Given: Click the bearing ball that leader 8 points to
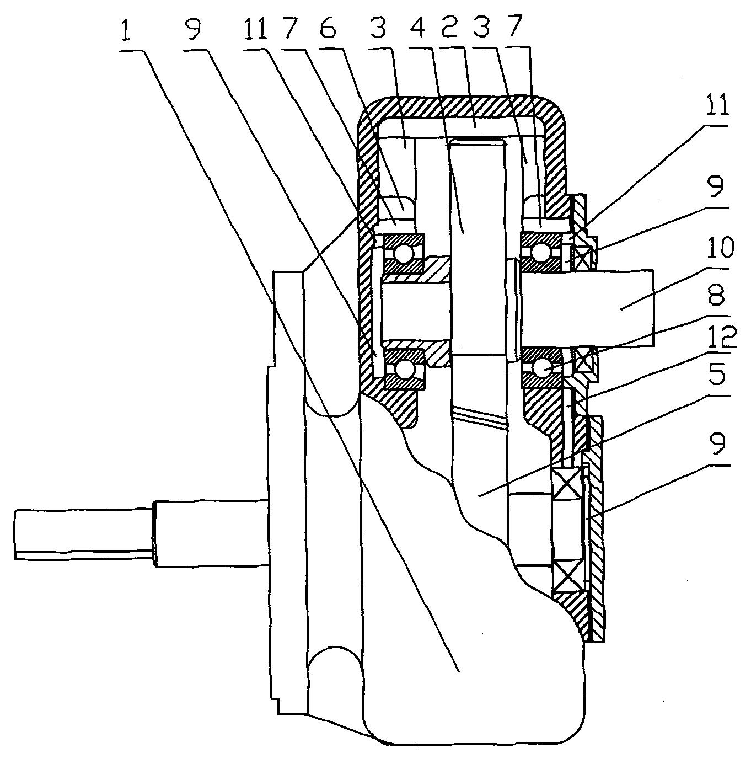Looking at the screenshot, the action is [x=542, y=368].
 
